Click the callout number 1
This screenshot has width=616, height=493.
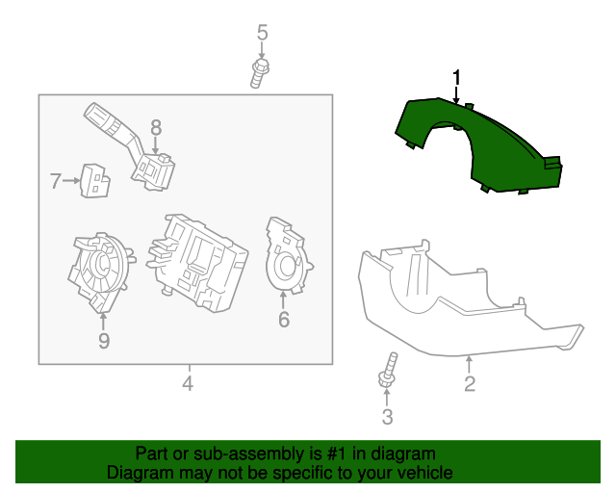point(457,77)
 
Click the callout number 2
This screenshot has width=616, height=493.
point(470,385)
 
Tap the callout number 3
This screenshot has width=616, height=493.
point(388,417)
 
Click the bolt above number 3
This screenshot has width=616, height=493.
point(389,373)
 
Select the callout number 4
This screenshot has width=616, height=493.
point(188,384)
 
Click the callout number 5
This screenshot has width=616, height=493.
point(262,34)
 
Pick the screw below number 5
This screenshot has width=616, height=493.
point(259,72)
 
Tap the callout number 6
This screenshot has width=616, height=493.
point(284,320)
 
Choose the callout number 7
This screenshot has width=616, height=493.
point(56,179)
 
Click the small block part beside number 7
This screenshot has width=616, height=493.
point(94,179)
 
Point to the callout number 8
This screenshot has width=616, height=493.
point(156,127)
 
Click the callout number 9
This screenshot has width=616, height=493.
point(104,341)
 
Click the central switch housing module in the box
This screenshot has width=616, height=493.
point(197,260)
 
